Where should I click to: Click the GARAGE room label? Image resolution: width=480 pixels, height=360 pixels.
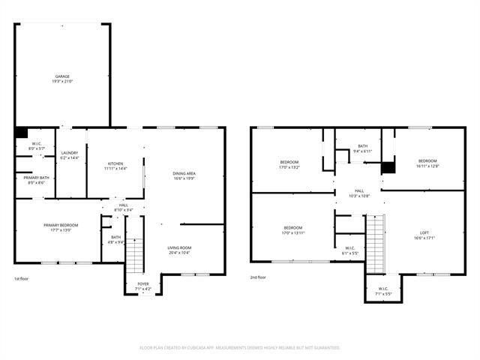(x=63, y=76)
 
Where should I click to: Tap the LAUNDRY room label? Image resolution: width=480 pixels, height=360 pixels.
(x=69, y=153)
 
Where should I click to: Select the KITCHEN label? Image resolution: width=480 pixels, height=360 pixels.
(x=115, y=163)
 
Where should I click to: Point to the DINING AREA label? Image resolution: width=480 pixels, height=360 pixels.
(x=184, y=174)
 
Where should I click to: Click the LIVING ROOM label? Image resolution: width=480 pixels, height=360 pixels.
(x=179, y=247)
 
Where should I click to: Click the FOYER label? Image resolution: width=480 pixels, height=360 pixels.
(x=142, y=284)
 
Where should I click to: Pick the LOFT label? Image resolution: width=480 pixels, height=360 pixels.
(x=424, y=233)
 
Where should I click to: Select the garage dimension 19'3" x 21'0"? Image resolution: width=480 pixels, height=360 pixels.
(x=63, y=81)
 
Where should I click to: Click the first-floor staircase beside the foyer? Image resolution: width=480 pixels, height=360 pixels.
(x=133, y=255)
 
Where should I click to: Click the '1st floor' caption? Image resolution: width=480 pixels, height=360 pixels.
(x=22, y=278)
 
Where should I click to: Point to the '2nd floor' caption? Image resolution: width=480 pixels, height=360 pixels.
(x=259, y=277)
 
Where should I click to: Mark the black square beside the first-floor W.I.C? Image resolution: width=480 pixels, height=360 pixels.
(x=21, y=133)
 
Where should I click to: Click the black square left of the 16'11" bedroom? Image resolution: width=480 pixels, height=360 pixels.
(x=388, y=168)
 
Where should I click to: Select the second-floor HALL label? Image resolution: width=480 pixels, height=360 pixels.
(x=359, y=191)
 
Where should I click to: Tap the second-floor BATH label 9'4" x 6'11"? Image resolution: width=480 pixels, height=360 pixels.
(x=363, y=146)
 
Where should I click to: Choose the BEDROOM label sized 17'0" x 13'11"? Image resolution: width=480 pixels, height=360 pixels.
(x=292, y=228)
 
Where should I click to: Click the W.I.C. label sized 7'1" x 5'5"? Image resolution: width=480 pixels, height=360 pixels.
(x=383, y=289)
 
